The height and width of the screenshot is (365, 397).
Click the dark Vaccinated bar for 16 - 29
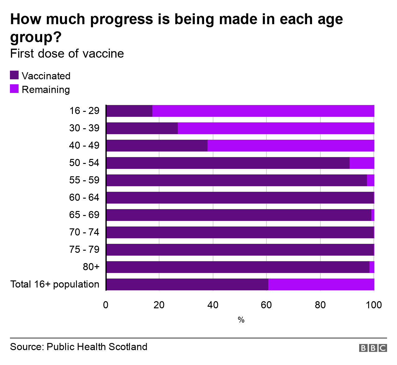[129, 111]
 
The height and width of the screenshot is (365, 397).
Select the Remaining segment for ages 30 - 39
[276, 128]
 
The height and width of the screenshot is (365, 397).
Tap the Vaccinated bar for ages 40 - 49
[157, 146]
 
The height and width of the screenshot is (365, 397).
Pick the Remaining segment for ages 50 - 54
[362, 163]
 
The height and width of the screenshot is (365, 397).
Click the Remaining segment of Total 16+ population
[321, 284]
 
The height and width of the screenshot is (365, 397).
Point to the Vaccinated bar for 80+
[238, 267]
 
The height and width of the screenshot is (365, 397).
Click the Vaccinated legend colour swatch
[14, 75]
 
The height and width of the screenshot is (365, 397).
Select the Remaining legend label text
[46, 90]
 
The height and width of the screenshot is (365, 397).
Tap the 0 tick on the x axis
[106, 305]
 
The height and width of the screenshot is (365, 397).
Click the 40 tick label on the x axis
[213, 305]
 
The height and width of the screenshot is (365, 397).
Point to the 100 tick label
[374, 305]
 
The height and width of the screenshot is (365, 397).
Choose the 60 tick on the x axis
[266, 305]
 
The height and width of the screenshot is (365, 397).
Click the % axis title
[241, 320]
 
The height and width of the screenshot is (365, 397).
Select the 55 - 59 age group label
[84, 180]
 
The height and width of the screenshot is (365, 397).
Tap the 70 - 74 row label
[84, 232]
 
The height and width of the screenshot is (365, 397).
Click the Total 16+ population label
[55, 284]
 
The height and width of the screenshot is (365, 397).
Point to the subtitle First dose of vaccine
[67, 54]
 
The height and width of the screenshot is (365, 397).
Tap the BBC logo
[373, 348]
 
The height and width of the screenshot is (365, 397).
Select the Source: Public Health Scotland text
[79, 346]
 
